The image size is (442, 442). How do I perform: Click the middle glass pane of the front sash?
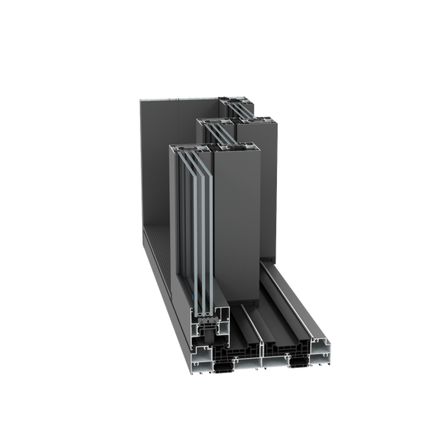coord(193,221)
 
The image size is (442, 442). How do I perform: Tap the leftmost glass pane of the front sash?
coord(183,221)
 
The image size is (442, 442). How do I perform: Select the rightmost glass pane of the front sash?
coord(203,221)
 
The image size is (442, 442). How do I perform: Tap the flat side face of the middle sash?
coord(269,192)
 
